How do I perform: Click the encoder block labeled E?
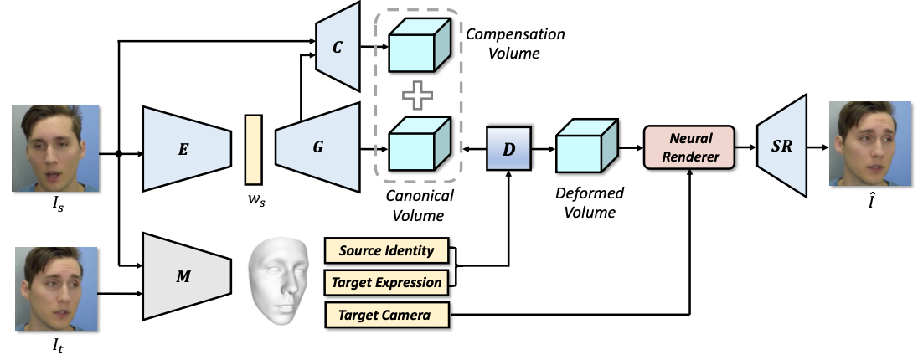click(187, 149)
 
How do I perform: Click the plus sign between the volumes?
click(418, 95)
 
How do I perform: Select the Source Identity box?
click(387, 250)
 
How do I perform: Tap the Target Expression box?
click(387, 282)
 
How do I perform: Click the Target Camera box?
click(387, 316)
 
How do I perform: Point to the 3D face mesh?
click(278, 277)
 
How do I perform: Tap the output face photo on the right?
click(869, 143)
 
